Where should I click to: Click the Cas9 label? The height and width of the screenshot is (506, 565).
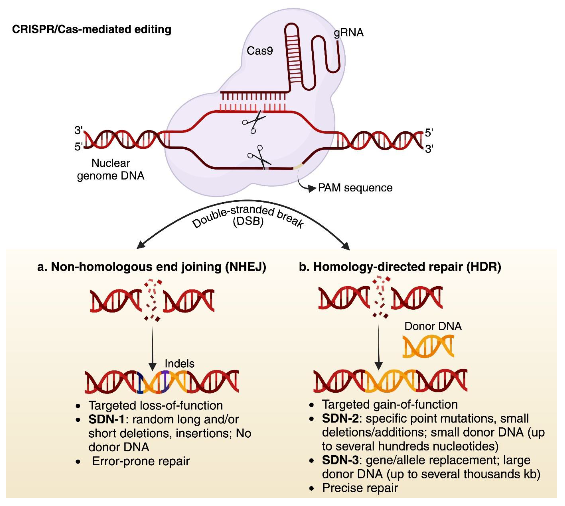pos(260,51)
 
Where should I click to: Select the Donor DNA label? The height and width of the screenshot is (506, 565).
pos(433,326)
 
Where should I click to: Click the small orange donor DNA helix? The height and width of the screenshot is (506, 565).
pos(428,346)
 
